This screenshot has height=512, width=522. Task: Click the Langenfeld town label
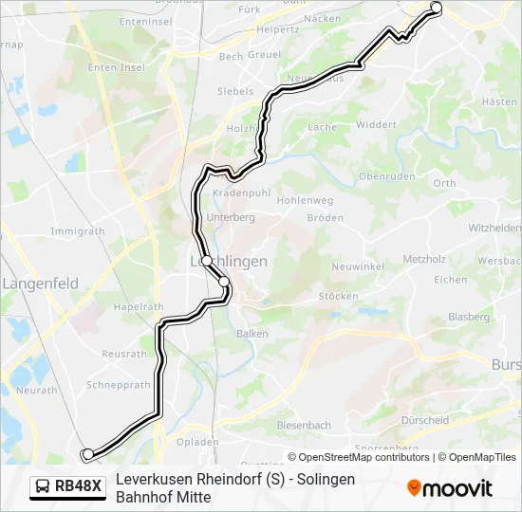[40, 283]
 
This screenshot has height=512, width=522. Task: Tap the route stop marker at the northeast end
[437, 8]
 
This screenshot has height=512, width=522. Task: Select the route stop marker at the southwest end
[87, 455]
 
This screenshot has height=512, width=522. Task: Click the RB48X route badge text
[78, 486]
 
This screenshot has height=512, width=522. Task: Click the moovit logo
[450, 488]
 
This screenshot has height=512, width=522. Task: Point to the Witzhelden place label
[494, 229]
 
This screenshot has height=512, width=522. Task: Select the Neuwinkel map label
[357, 267]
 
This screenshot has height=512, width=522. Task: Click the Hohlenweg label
[305, 201]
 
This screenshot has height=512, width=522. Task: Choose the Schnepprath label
[119, 385]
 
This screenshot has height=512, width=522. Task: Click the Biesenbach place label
[305, 426]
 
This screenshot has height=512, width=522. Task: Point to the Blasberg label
[468, 317]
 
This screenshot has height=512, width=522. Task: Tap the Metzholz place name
[424, 259]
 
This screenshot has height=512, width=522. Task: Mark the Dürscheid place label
[425, 420]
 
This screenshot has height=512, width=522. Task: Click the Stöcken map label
[338, 296]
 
